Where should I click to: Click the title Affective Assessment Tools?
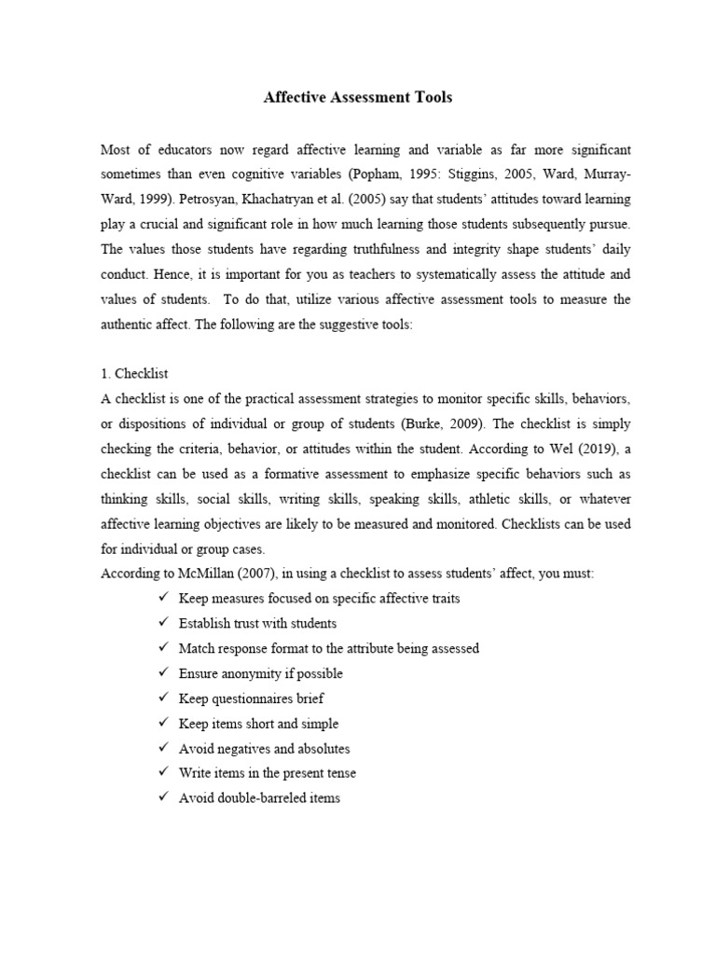coord(358,97)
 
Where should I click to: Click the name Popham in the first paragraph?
coord(392,174)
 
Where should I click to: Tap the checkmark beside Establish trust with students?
coord(164,623)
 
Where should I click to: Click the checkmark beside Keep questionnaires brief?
coord(164,699)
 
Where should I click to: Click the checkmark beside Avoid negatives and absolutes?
coord(164,749)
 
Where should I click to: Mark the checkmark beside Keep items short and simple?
coord(164,724)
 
